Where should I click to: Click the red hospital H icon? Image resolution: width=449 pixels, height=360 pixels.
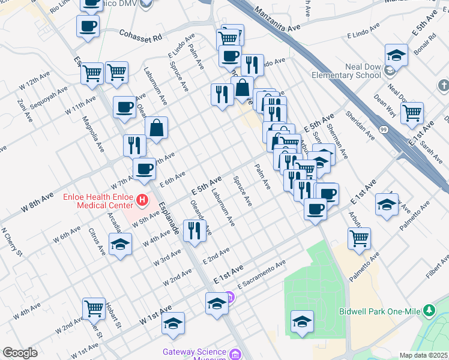[x=142, y=200]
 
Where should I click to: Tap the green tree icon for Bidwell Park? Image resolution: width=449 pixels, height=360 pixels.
[x=429, y=310]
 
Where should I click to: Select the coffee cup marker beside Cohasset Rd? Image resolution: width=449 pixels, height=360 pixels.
[x=88, y=27]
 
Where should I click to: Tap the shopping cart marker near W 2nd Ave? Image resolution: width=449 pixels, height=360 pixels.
[x=94, y=308]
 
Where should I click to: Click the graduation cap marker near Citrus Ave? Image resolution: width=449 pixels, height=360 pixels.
[x=121, y=244]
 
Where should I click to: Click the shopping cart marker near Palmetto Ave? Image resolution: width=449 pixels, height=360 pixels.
[x=359, y=238]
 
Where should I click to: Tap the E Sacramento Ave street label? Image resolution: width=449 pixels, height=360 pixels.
[x=261, y=272]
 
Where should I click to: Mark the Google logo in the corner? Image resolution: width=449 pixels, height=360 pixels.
[x=20, y=353]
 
